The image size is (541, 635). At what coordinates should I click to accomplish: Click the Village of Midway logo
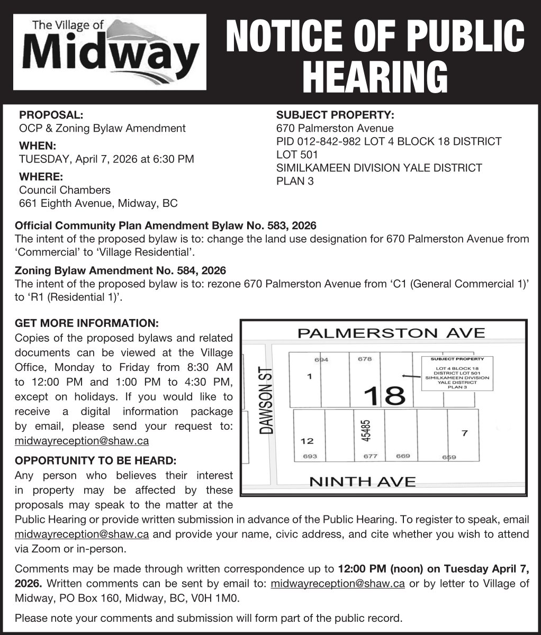click(x=110, y=52)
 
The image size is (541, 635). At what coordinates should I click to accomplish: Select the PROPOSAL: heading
click(x=51, y=114)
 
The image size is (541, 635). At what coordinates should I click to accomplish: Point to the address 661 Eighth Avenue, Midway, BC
click(x=98, y=203)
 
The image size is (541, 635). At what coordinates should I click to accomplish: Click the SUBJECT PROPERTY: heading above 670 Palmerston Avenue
click(x=336, y=114)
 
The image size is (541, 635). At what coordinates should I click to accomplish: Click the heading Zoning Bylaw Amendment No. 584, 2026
click(x=121, y=270)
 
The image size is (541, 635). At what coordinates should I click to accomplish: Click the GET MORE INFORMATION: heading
click(x=87, y=322)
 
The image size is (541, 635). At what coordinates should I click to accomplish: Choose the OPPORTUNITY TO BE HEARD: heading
click(x=96, y=460)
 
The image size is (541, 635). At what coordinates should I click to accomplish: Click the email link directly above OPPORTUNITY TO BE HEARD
click(x=82, y=441)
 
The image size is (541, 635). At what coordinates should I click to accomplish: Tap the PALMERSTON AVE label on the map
click(x=391, y=333)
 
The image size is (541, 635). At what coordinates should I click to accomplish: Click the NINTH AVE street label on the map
click(x=362, y=482)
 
